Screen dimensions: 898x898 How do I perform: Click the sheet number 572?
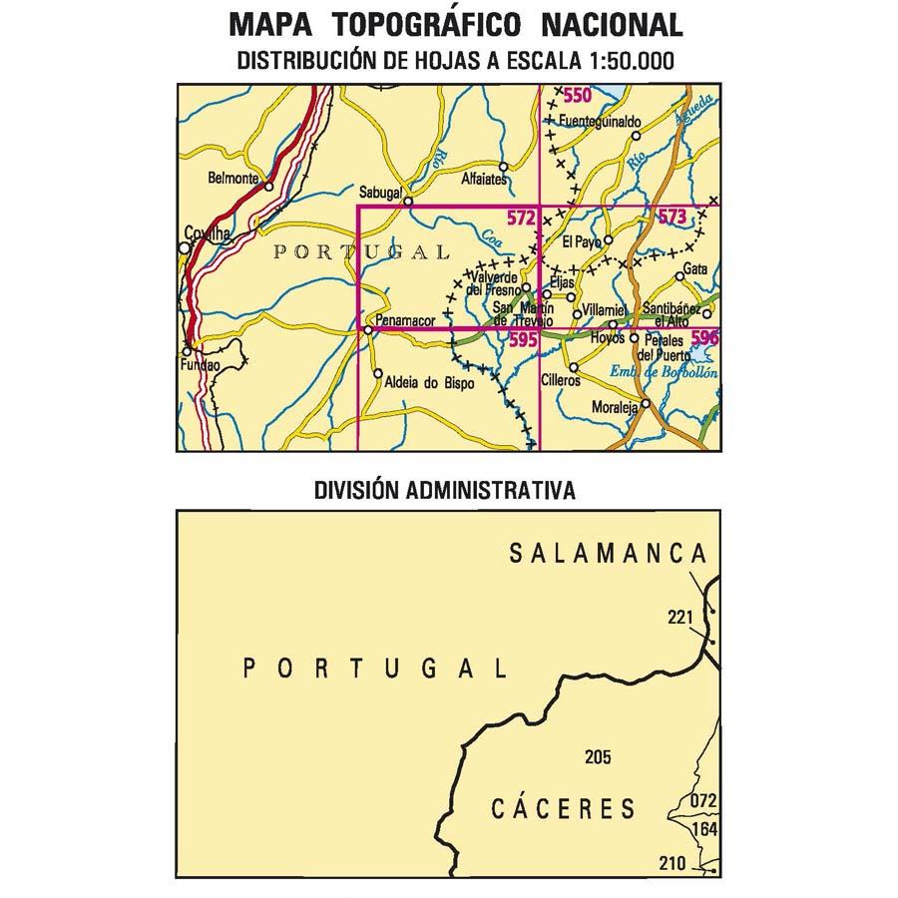click(x=521, y=217)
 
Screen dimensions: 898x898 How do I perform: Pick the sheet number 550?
click(x=576, y=96)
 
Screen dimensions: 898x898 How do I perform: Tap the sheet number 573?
click(x=672, y=217)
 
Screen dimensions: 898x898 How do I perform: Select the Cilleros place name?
click(x=560, y=381)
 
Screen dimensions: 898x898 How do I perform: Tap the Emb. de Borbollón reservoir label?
click(x=664, y=372)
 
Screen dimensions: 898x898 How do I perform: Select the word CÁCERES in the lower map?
click(x=563, y=808)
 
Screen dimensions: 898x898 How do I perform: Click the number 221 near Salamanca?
click(x=680, y=619)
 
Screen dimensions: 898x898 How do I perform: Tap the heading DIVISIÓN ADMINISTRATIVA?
click(x=445, y=490)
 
